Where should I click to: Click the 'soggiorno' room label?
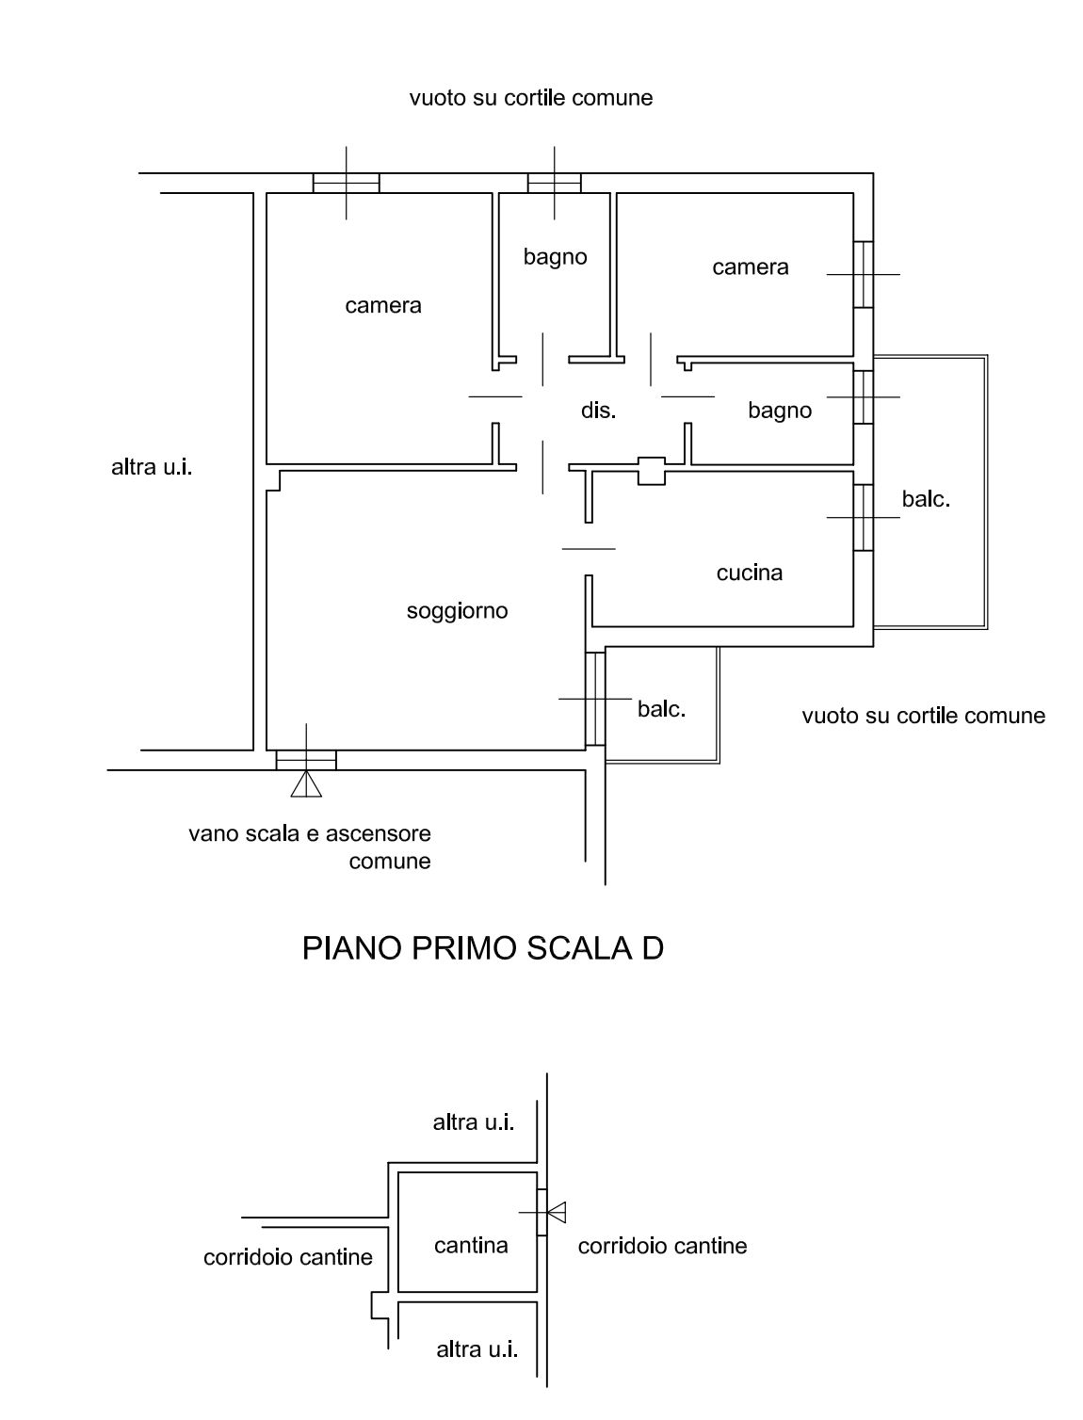pyautogui.click(x=457, y=611)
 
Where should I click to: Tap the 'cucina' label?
pyautogui.click(x=749, y=573)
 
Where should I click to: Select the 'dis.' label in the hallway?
pyautogui.click(x=598, y=411)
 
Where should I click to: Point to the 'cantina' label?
pyautogui.click(x=471, y=1245)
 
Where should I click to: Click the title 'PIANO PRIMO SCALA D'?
pyautogui.click(x=482, y=948)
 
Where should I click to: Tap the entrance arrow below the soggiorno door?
pyautogui.click(x=306, y=783)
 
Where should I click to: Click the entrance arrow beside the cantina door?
pyautogui.click(x=556, y=1211)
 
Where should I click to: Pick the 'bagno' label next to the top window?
pyautogui.click(x=555, y=256)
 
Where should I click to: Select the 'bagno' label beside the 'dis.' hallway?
pyautogui.click(x=779, y=411)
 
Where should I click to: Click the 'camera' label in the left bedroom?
pyautogui.click(x=382, y=305)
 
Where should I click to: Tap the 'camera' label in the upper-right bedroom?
pyautogui.click(x=750, y=267)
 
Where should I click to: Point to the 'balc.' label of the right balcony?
pyautogui.click(x=926, y=500)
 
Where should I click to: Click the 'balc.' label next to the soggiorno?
pyautogui.click(x=661, y=709)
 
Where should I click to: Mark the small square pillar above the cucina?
pyautogui.click(x=652, y=471)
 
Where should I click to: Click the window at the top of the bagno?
pyautogui.click(x=554, y=183)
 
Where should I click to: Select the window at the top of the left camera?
pyautogui.click(x=346, y=183)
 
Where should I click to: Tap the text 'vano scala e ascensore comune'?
pyautogui.click(x=310, y=847)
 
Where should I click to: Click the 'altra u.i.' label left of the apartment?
pyautogui.click(x=152, y=467)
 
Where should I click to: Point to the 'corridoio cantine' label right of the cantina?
pyautogui.click(x=662, y=1246)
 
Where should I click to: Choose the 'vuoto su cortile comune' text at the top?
pyautogui.click(x=530, y=98)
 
